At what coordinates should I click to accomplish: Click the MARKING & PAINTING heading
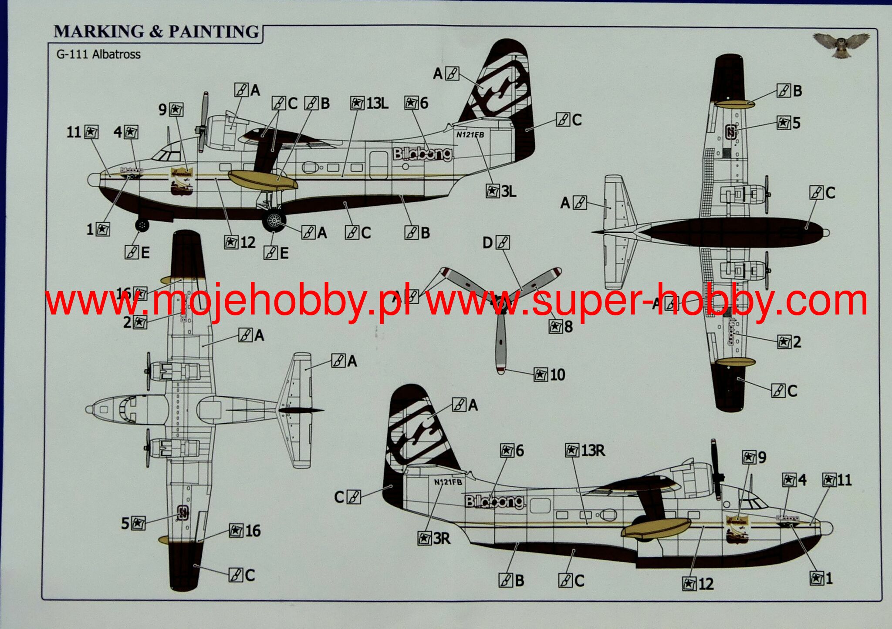point(156,32)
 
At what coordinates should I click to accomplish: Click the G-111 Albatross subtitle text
point(98,55)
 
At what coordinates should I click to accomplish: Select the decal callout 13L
point(369,104)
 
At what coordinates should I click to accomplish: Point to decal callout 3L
point(501,191)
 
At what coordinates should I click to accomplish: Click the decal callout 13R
point(585,451)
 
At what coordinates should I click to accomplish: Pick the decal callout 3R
point(434,539)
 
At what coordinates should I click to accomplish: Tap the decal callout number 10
point(550,375)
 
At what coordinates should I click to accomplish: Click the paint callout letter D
point(496,243)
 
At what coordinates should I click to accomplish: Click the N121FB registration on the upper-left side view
point(470,135)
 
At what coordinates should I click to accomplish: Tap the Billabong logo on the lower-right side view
point(494,502)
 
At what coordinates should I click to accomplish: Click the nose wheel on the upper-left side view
point(142,225)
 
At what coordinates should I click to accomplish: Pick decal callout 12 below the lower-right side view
point(698,584)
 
